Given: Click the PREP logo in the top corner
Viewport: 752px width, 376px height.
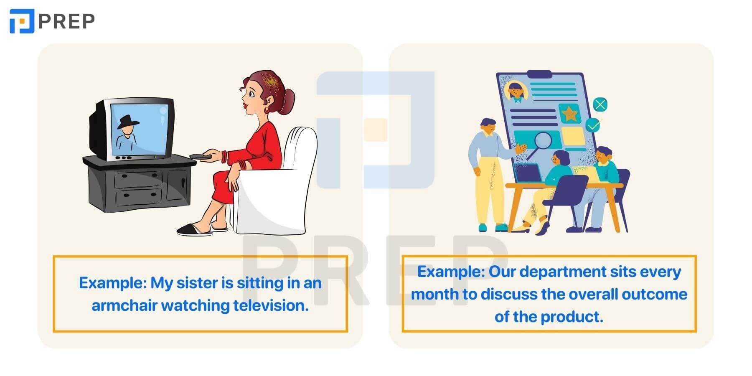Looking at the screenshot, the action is [x=52, y=21].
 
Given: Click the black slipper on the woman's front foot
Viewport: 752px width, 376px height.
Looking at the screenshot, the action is [x=195, y=229].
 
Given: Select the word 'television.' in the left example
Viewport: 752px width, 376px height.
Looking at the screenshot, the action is [x=271, y=305].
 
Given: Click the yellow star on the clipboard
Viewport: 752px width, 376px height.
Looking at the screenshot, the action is [x=569, y=113].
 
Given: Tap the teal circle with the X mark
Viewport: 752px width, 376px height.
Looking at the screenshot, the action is [x=600, y=104].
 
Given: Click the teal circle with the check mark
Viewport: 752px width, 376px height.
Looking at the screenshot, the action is [x=593, y=124].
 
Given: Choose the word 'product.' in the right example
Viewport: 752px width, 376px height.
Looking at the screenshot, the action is [x=573, y=317].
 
